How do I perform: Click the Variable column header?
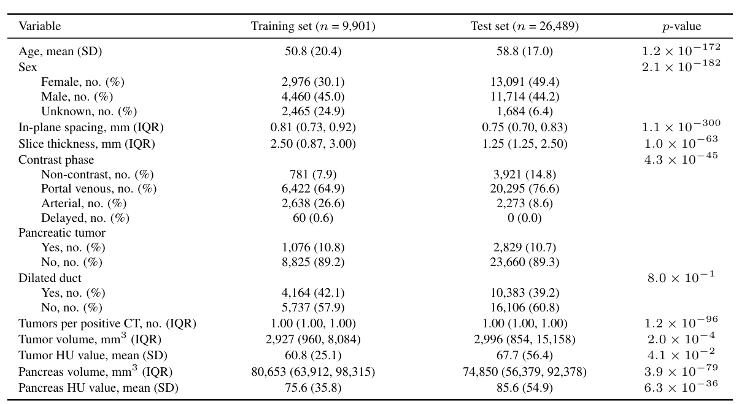[x=40, y=26]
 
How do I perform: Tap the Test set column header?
[x=524, y=26]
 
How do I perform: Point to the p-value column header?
[x=681, y=26]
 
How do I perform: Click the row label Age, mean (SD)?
[x=60, y=51]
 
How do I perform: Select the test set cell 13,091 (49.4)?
[x=524, y=82]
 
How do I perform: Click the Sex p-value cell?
[x=681, y=66]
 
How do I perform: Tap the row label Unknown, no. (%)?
[x=89, y=112]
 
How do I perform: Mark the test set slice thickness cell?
[x=524, y=144]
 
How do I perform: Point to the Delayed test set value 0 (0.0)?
[x=524, y=218]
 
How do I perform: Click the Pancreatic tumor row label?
[x=62, y=233]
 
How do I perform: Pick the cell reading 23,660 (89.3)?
[x=524, y=262]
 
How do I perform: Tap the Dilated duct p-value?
[x=681, y=277]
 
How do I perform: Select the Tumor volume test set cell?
[x=524, y=339]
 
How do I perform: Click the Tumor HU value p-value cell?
[x=681, y=354]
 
